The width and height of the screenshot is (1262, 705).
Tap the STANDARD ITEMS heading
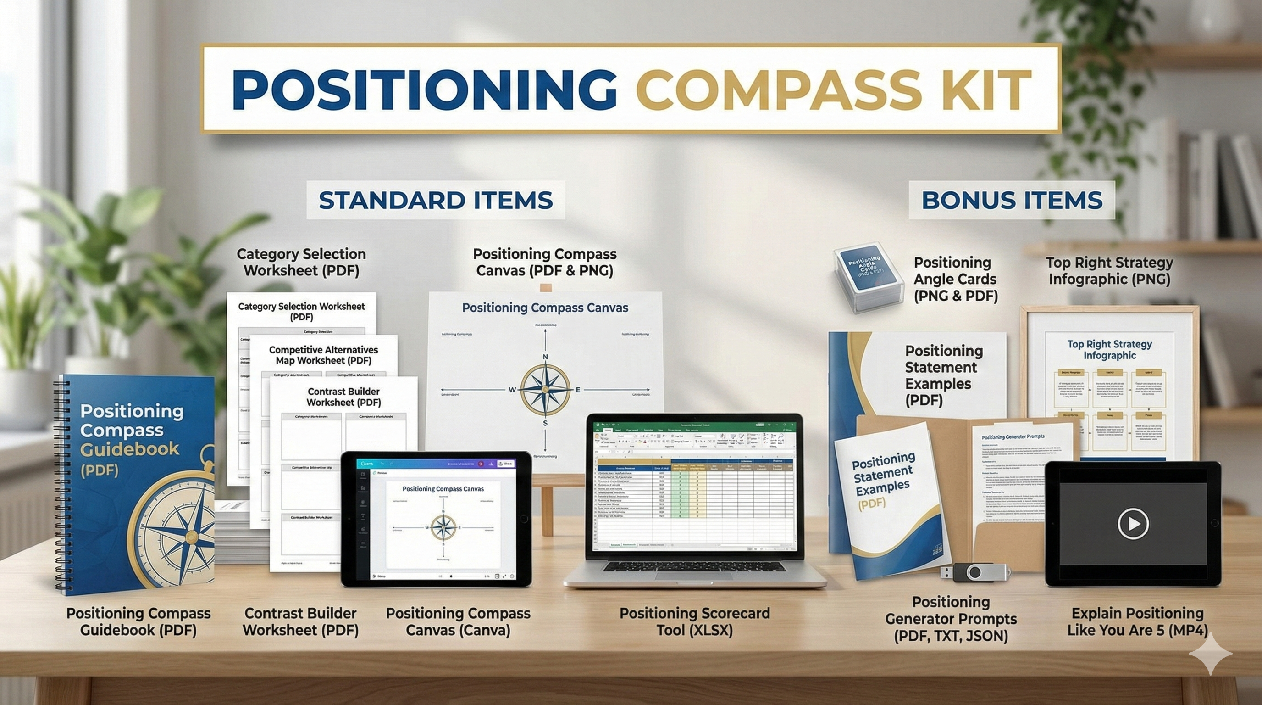[436, 200]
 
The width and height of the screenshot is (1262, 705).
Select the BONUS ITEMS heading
[1012, 200]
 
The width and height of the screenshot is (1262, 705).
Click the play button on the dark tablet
[1133, 524]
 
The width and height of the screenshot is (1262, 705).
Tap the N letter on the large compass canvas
[545, 357]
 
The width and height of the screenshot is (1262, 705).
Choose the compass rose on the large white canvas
[545, 389]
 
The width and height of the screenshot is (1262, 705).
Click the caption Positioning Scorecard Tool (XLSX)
[694, 621]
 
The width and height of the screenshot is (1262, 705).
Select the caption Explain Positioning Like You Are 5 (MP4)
[1137, 621]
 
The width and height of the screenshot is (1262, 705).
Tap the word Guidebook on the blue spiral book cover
[130, 449]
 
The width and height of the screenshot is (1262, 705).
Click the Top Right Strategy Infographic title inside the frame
[1109, 350]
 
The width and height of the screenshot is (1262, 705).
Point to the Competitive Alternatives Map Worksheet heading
[323, 355]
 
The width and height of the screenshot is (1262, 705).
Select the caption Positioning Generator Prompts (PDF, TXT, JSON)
[951, 619]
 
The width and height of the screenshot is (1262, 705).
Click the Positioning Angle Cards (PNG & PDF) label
[955, 279]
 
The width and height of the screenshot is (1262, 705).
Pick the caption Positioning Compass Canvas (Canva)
[458, 621]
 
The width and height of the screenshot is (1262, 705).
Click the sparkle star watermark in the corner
[1210, 653]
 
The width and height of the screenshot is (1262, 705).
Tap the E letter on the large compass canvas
[578, 390]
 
